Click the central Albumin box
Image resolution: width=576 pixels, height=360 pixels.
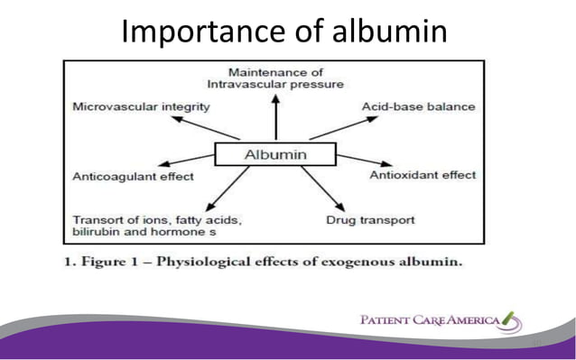[x=275, y=155]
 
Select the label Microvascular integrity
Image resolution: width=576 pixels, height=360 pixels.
[x=141, y=107]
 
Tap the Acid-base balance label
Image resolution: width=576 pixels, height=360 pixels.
[x=418, y=107]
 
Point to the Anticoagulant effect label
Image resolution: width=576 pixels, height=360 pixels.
[x=133, y=176]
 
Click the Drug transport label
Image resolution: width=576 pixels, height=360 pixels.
[x=370, y=219]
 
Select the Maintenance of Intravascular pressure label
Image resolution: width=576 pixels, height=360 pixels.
[x=274, y=78]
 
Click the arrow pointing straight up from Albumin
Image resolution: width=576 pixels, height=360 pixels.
[x=276, y=116]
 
